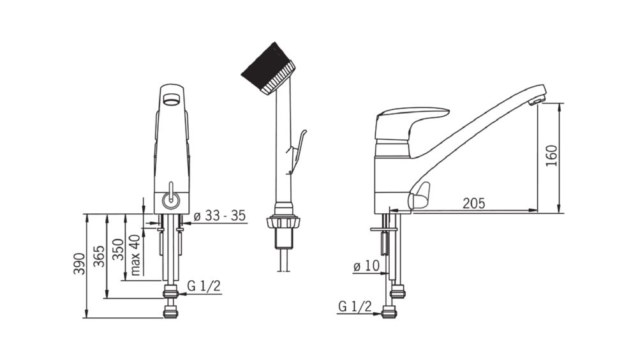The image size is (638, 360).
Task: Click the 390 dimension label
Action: coord(79,264)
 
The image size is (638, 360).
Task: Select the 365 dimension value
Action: coord(99,257)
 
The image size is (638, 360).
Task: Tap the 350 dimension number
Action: coord(117,249)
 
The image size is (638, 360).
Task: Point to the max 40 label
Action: coord(135,255)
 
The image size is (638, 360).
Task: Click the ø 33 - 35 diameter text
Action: coord(219,216)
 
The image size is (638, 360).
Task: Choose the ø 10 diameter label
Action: coord(366,266)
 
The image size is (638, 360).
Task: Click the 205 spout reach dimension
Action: coord(474,203)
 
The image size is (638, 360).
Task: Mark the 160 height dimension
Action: coord(552,156)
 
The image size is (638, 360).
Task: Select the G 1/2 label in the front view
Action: coord(204,286)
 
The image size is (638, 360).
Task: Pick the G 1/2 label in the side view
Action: coord(355,306)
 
